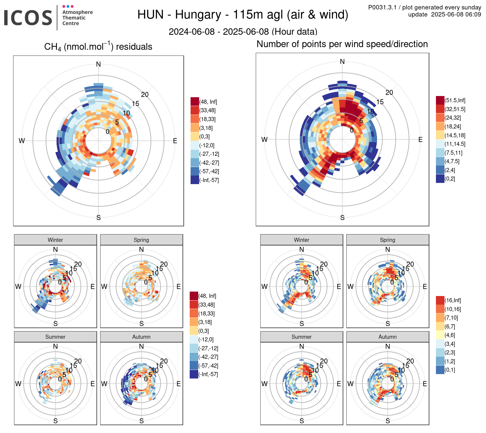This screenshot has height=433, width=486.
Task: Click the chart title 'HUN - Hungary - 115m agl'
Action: tap(242, 14)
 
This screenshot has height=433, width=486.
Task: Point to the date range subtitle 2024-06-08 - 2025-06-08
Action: tap(243, 32)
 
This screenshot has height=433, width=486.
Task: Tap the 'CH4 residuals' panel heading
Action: tap(98, 47)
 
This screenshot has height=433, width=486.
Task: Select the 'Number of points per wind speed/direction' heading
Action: tap(342, 44)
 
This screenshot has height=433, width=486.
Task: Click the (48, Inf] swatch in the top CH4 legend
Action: tap(195, 102)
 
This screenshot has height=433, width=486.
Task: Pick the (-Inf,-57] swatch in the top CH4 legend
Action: tap(195, 180)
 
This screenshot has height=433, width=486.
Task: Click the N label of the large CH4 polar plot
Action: tap(98, 64)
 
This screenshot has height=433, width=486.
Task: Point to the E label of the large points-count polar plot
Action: tap(420, 140)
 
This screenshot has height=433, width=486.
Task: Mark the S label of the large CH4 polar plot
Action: tap(98, 218)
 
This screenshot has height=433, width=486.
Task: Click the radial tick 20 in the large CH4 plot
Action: tap(145, 95)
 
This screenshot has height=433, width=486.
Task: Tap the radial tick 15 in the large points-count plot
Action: tap(380, 102)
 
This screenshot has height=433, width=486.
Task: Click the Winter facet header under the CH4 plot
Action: tap(55, 240)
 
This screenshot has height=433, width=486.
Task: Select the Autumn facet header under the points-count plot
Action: tap(388, 337)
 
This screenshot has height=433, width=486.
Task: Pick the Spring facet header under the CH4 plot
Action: tap(141, 240)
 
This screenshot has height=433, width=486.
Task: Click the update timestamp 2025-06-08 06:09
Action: tap(456, 14)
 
